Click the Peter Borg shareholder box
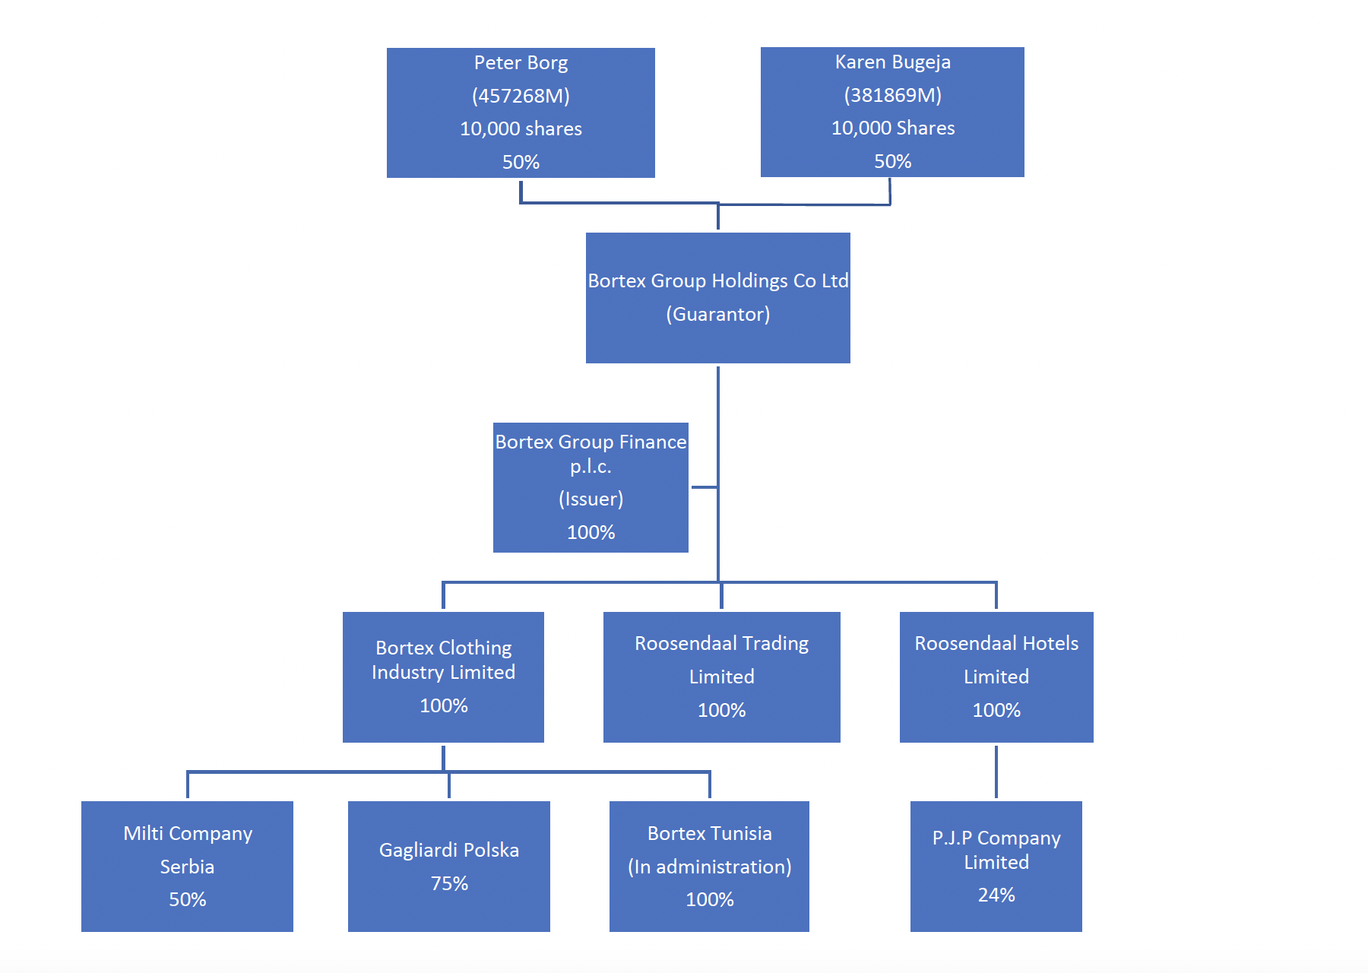coord(521,113)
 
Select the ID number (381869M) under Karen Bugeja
coord(892,95)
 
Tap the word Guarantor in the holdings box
coord(718,314)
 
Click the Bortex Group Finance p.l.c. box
coord(591,486)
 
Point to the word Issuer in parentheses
coord(591,499)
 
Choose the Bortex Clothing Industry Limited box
coord(443,677)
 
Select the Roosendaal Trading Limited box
coord(721,677)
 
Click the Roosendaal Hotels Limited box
coord(996,677)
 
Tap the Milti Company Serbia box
coord(187,866)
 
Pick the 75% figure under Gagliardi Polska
coord(449,883)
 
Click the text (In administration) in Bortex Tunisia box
coord(709,867)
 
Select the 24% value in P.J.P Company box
coord(996,895)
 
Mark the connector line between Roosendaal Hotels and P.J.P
coord(996,772)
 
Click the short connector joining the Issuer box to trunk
coord(704,487)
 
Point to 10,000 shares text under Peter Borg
coord(521,128)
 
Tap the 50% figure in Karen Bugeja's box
coord(892,161)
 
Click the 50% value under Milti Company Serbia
coord(187,899)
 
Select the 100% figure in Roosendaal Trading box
coord(721,710)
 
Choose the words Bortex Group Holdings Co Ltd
coord(718,280)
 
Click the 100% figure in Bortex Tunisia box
coord(709,899)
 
